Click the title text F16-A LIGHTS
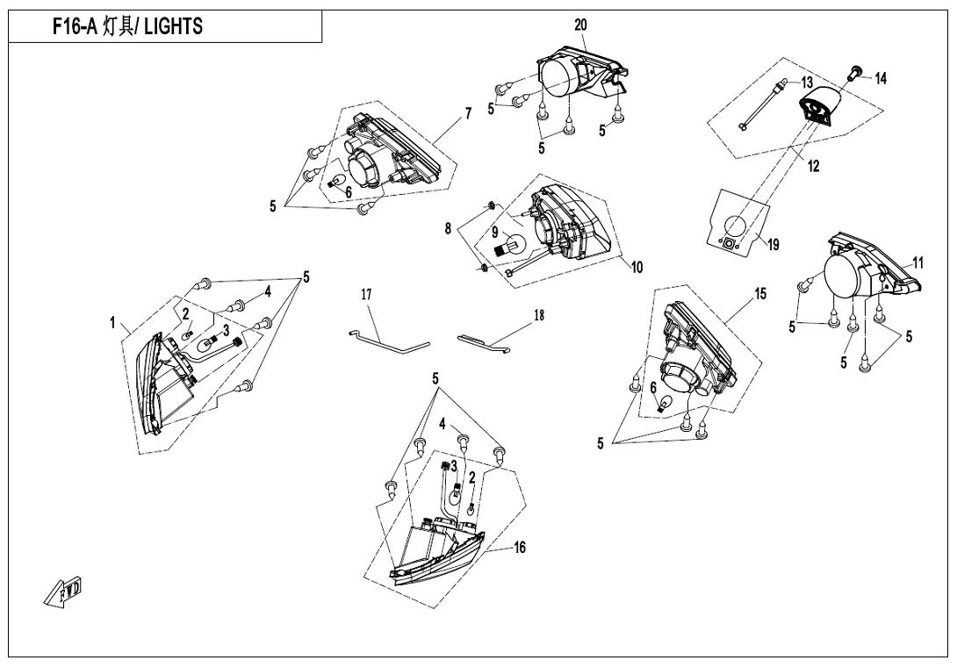(128, 26)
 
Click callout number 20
(580, 25)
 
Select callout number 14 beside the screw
(881, 79)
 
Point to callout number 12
(814, 167)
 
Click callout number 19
(774, 246)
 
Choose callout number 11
(917, 262)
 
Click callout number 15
(760, 294)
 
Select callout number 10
(636, 267)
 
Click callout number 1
(112, 323)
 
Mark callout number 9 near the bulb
(493, 233)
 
